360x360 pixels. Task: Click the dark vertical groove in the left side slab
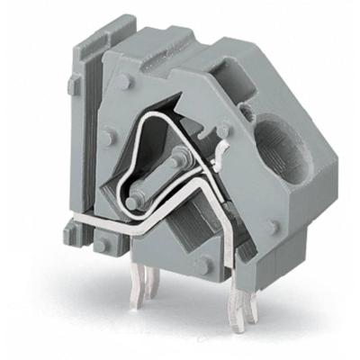point(88,135)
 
